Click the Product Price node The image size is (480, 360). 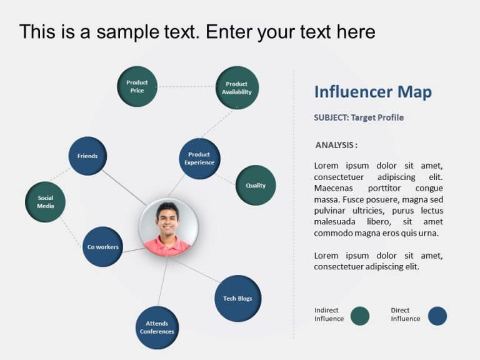point(137,86)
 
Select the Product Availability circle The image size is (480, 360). point(237,87)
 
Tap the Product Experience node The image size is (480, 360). point(199,159)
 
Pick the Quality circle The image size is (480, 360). point(256,185)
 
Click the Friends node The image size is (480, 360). point(87,156)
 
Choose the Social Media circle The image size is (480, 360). point(45,202)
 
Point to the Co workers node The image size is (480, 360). point(102,247)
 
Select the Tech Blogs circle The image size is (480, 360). point(237,298)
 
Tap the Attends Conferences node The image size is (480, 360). point(157,327)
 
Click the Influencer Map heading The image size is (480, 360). point(372,92)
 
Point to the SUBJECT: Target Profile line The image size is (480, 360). point(359,117)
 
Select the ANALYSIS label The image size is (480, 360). point(336,145)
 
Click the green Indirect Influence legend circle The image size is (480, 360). point(360,316)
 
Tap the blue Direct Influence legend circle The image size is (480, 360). point(437,316)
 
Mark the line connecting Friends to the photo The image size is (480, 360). point(124,187)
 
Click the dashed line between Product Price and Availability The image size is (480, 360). point(186,86)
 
